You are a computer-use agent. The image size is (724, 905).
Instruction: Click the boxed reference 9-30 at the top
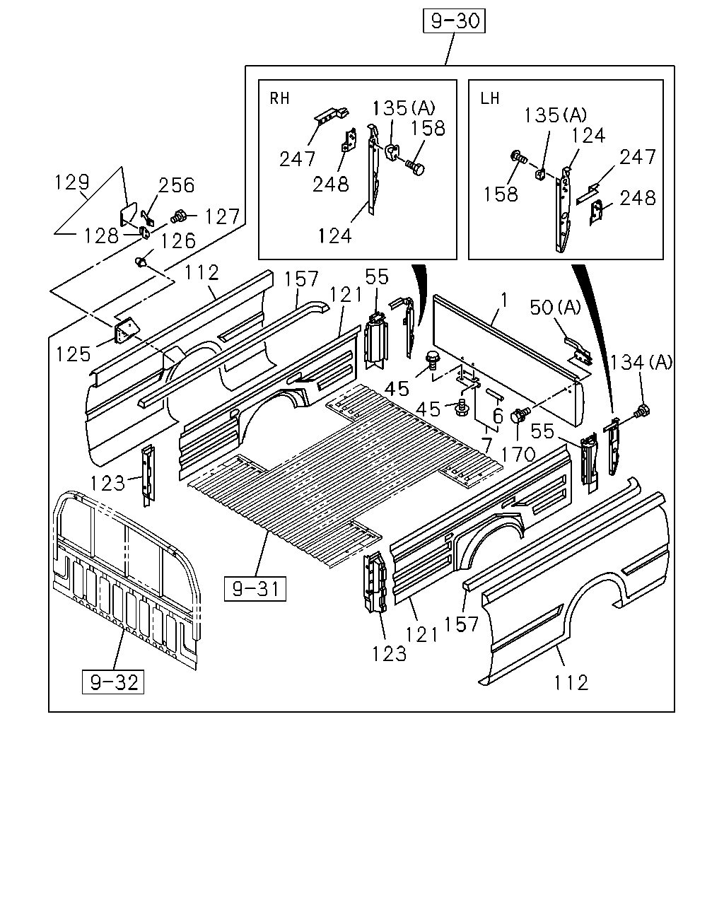pyautogui.click(x=454, y=21)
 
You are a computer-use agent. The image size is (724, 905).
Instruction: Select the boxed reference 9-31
pyautogui.click(x=255, y=589)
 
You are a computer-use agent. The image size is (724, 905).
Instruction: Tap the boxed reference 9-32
pyautogui.click(x=112, y=682)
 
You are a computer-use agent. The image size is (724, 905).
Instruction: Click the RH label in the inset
pyautogui.click(x=279, y=98)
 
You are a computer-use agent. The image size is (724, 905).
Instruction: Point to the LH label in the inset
pyautogui.click(x=490, y=98)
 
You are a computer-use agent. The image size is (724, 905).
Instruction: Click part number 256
pyautogui.click(x=176, y=185)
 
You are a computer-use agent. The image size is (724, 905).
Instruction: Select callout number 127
pyautogui.click(x=222, y=217)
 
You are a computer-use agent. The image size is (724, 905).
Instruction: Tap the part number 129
pyautogui.click(x=72, y=182)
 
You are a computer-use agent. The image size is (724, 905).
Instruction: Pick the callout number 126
pyautogui.click(x=178, y=241)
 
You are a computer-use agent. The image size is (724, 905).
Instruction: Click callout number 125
pyautogui.click(x=74, y=354)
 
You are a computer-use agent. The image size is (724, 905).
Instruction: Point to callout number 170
pyautogui.click(x=518, y=454)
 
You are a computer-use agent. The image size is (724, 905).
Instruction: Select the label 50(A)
pyautogui.click(x=555, y=308)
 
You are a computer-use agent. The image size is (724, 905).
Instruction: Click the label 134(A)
pyautogui.click(x=641, y=362)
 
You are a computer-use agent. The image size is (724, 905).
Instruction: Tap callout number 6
pyautogui.click(x=498, y=416)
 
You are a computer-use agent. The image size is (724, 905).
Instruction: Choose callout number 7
pyautogui.click(x=486, y=445)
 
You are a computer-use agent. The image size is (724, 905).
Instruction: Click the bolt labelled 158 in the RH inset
pyautogui.click(x=415, y=168)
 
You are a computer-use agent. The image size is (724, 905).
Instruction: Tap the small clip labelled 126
pyautogui.click(x=141, y=262)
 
